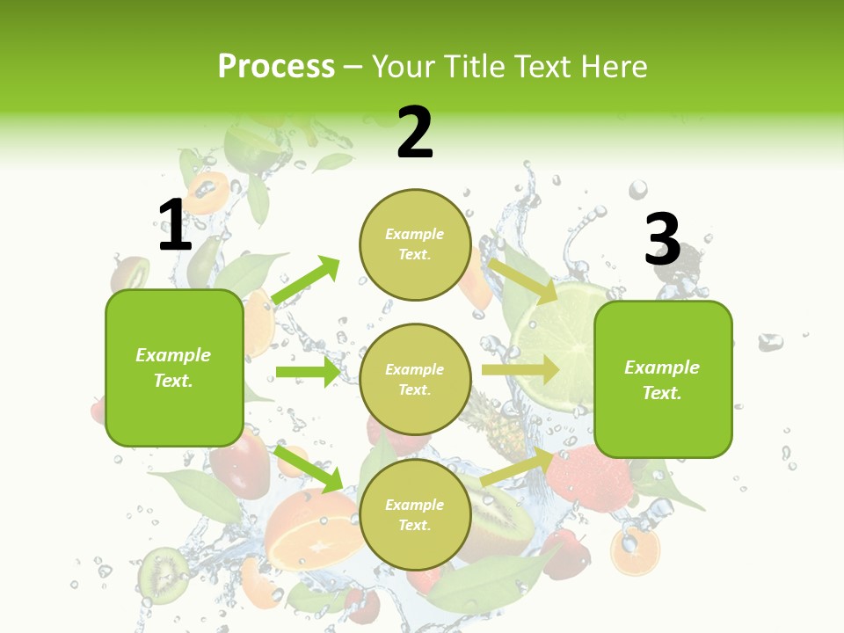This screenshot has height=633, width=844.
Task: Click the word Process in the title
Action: tap(276, 67)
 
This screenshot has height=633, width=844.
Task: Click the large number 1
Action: tap(175, 225)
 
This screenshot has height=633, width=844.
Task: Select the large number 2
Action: tap(415, 133)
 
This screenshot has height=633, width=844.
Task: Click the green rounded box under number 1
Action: tap(174, 367)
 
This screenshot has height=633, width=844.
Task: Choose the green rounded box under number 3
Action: tap(663, 379)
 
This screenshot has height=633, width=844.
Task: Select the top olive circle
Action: tap(415, 244)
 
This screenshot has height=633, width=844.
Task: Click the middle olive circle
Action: tap(415, 379)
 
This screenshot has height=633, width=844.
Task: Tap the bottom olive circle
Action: tap(415, 514)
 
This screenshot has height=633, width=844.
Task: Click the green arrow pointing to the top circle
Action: tap(306, 280)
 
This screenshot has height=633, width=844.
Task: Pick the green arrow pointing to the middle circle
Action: tap(308, 372)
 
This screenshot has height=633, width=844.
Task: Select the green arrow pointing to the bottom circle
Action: tap(309, 469)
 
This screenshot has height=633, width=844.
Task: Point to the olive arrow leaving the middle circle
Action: tap(520, 370)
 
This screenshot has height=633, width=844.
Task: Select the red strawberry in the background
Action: tap(589, 480)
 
